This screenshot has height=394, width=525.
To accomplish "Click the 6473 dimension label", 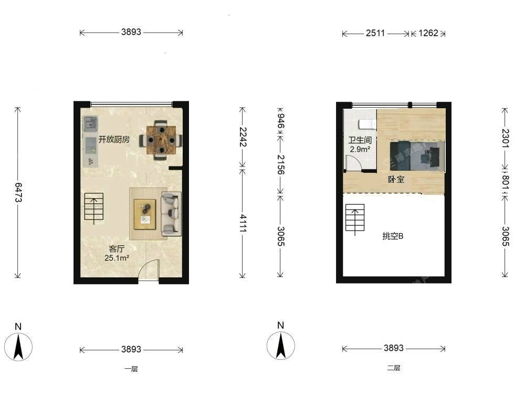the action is [18, 192].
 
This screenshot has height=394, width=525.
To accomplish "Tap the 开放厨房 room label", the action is [114, 139].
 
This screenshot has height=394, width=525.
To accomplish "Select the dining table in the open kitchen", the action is [161, 140].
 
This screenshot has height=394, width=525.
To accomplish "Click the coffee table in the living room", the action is [145, 214].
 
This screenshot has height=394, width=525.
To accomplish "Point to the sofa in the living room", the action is [171, 213].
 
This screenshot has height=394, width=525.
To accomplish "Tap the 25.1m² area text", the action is [117, 258].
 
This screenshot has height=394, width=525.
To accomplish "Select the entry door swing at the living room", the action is [149, 269].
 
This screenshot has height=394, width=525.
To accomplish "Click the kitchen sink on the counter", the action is [90, 122].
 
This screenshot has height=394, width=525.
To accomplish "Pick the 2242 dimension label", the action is [243, 137].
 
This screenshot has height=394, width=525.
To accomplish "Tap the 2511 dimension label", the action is [375, 33].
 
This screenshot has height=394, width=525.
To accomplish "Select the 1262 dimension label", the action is [428, 33].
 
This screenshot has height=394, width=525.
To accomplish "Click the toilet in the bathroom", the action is [367, 125].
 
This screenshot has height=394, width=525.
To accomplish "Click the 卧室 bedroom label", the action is [396, 180].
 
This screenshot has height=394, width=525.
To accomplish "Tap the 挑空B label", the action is [393, 236].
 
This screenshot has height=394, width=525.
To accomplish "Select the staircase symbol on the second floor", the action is [355, 219].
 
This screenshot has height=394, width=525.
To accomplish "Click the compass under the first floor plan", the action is [18, 346].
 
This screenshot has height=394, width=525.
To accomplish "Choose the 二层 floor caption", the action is [393, 368].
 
